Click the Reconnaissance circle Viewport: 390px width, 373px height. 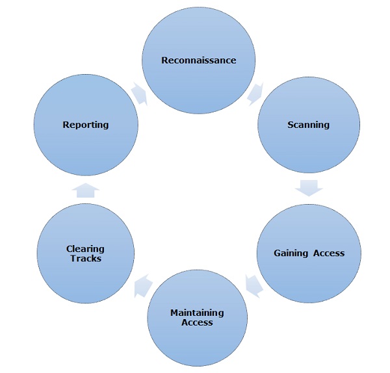click(199, 60)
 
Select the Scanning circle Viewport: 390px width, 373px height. click(309, 125)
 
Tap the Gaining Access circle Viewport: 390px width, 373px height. click(309, 253)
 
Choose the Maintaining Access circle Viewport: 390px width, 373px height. click(198, 317)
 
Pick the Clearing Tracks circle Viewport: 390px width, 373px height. click(85, 253)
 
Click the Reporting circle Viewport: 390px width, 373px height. click(86, 125)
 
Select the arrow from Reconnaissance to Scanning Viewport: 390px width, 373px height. click(255, 92)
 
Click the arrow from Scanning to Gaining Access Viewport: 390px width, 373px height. click(309, 188)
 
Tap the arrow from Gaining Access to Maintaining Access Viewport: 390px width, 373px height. click(253, 285)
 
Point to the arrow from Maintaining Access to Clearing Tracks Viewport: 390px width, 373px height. click(142, 285)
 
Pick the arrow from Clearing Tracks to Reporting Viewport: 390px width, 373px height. click(86, 189)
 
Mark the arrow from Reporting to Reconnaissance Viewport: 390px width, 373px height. click(140, 94)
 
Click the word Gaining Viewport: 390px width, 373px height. click(291, 253)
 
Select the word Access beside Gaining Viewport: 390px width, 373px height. click(328, 253)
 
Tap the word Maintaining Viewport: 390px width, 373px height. click(197, 313)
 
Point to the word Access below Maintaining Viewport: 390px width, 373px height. click(197, 322)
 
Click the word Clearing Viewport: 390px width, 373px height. click(85, 248)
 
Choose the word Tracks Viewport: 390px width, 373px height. click(85, 258)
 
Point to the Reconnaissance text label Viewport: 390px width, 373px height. click(199, 60)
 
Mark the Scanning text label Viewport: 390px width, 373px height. click(309, 125)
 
